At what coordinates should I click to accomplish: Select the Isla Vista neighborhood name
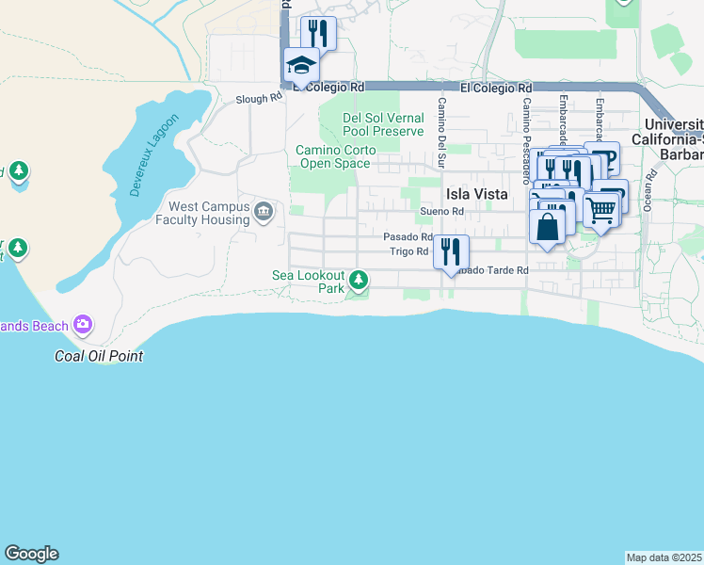click(x=476, y=194)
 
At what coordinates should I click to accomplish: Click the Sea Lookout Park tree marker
click(x=359, y=279)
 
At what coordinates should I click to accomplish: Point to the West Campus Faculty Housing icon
click(x=263, y=210)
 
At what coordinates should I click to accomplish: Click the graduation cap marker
click(x=301, y=65)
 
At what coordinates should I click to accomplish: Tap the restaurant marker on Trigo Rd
click(x=451, y=250)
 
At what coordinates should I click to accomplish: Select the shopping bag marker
click(x=548, y=226)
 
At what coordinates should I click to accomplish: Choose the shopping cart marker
click(x=600, y=210)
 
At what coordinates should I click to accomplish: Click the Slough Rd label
click(x=259, y=97)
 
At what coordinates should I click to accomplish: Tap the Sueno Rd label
click(x=442, y=212)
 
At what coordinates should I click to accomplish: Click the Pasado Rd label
click(x=408, y=237)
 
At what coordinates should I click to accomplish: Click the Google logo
click(x=31, y=554)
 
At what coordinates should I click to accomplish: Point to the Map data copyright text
click(x=664, y=557)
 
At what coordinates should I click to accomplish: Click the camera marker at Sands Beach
click(x=83, y=325)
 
